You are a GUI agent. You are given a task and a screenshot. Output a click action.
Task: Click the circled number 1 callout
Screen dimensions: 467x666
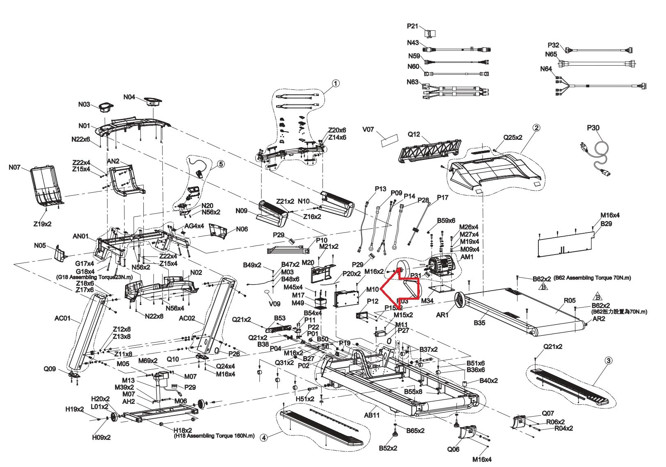336,83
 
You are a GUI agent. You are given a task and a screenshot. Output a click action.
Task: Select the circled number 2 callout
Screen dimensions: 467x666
536,128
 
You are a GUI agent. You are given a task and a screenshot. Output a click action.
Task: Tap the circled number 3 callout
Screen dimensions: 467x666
609,361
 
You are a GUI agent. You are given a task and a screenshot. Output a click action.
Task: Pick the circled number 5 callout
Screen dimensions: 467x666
221,164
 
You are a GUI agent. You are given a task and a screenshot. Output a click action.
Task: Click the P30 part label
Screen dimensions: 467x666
593,128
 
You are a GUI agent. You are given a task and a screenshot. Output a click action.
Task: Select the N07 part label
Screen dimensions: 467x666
14,167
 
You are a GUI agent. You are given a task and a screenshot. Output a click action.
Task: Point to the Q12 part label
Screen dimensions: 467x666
414,134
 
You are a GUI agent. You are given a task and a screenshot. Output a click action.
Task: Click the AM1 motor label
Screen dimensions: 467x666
467,257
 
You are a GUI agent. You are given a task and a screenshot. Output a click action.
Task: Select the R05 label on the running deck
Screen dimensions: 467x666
570,301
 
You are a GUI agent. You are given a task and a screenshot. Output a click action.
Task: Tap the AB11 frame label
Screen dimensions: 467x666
372,415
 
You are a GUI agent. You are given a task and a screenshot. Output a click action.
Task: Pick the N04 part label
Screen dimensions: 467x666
129,97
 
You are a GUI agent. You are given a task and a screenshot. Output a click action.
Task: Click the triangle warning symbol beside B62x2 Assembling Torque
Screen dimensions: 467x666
543,287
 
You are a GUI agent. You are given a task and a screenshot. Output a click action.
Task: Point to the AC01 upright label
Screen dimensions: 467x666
62,318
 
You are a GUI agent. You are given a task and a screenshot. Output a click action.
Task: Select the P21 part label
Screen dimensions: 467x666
412,26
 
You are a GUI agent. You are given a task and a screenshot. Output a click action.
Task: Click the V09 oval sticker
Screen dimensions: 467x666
267,293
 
